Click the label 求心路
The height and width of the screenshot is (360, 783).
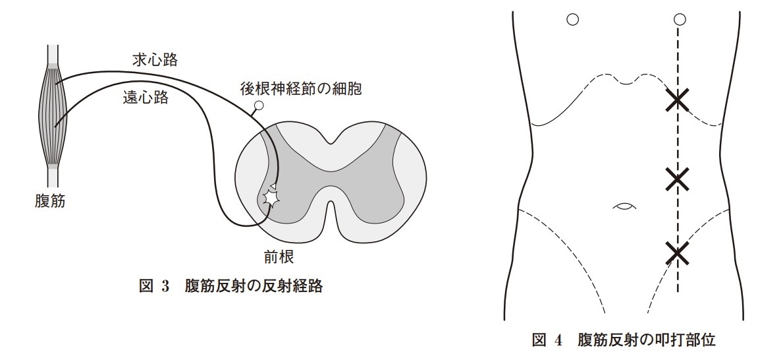pyautogui.click(x=155, y=61)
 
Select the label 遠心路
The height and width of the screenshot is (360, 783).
pyautogui.click(x=146, y=97)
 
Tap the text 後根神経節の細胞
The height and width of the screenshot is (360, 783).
pyautogui.click(x=300, y=90)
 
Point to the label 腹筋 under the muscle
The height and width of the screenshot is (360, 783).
pyautogui.click(x=50, y=202)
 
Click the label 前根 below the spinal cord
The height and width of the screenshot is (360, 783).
pyautogui.click(x=279, y=256)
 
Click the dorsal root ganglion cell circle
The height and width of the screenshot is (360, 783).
pyautogui.click(x=259, y=105)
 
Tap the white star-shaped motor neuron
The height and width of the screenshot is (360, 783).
pyautogui.click(x=271, y=198)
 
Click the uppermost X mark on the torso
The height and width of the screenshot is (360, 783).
pyautogui.click(x=678, y=100)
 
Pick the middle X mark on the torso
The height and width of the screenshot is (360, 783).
pyautogui.click(x=678, y=179)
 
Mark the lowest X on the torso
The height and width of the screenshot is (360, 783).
pyautogui.click(x=678, y=253)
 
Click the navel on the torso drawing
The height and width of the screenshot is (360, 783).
pyautogui.click(x=625, y=206)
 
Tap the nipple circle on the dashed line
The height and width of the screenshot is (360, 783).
pyautogui.click(x=679, y=20)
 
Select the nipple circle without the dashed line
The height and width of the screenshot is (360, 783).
pyautogui.click(x=573, y=20)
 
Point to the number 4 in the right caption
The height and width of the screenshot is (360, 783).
pyautogui.click(x=558, y=340)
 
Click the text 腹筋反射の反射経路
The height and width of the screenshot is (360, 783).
pyautogui.click(x=254, y=287)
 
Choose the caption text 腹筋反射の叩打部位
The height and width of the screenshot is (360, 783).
pyautogui.click(x=647, y=340)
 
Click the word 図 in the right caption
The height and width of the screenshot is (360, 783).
pyautogui.click(x=539, y=340)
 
